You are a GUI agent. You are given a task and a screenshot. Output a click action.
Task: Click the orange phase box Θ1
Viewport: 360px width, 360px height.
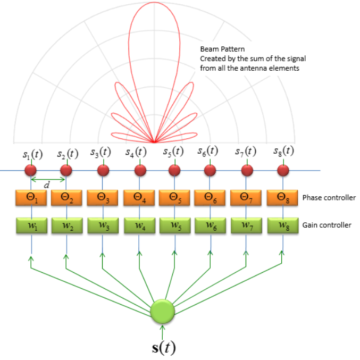(31, 198)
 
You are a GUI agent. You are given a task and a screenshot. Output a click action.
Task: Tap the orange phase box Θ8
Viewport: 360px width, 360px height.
(283, 198)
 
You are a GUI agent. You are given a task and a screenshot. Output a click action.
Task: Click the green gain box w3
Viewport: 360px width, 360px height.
(104, 225)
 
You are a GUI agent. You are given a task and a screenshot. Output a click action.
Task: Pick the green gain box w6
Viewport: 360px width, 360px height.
(211, 225)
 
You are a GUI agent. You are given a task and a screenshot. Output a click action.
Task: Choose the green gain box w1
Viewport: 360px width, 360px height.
(31, 225)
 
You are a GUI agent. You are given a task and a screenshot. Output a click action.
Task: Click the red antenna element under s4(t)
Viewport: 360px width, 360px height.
(140, 171)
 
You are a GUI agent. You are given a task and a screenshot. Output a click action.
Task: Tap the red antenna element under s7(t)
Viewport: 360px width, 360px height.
(247, 171)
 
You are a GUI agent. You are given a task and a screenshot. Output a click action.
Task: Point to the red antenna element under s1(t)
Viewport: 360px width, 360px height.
(30, 171)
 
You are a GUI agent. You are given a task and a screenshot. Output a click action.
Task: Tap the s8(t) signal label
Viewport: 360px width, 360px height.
(282, 151)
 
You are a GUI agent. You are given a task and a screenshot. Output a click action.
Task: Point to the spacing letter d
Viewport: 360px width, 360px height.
(46, 185)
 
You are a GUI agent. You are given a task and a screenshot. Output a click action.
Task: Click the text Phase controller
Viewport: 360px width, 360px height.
(329, 198)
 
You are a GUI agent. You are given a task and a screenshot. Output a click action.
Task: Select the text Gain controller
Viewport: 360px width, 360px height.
(326, 225)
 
